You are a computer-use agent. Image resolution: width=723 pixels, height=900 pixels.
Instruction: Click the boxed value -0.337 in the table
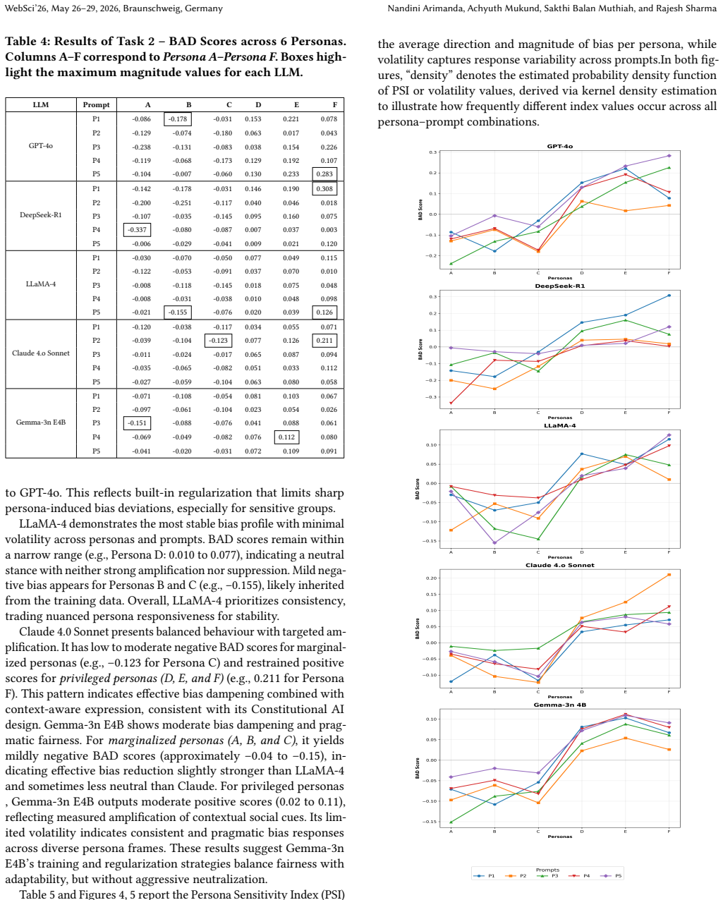coord(137,230)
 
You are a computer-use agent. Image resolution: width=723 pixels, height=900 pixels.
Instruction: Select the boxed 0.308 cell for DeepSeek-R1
coord(324,188)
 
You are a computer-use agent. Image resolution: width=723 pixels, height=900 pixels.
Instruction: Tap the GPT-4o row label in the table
coord(41,145)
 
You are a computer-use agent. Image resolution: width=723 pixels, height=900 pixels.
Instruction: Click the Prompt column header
coord(96,104)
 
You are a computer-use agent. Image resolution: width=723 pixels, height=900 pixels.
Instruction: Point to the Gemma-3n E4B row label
coord(41,422)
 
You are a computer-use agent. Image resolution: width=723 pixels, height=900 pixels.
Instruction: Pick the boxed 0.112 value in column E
coord(286,437)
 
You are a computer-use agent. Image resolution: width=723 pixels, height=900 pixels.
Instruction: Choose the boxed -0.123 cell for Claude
coord(218,341)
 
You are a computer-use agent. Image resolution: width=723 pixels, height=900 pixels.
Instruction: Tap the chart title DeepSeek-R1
coord(560,286)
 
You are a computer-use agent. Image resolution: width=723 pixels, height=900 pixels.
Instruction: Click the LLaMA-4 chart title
coord(560,426)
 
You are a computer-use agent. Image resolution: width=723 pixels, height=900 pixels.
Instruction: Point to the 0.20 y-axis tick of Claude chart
coord(432,578)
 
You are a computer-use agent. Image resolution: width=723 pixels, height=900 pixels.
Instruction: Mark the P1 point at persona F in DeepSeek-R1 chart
coord(669,296)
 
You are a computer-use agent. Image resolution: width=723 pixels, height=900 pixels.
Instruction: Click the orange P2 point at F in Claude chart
coord(669,575)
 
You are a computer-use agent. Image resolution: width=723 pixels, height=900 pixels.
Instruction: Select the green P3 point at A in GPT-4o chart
coord(451,264)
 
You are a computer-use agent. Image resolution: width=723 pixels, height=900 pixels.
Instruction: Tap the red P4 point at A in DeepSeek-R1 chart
coord(451,403)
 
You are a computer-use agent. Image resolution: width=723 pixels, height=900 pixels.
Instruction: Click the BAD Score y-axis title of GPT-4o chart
coord(420,209)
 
